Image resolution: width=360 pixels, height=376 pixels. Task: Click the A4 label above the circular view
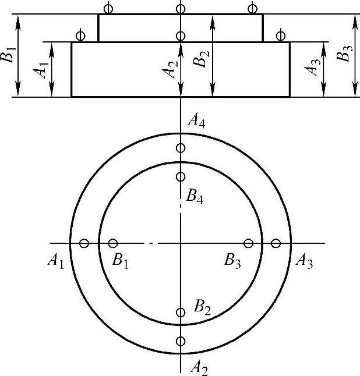(196, 122)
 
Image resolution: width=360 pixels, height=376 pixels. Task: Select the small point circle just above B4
(181, 176)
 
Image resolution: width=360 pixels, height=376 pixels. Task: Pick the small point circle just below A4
(181, 148)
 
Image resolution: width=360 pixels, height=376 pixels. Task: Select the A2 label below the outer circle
(199, 367)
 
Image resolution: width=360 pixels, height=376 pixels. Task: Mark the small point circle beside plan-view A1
(84, 243)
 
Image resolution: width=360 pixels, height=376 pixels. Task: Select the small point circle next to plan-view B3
(249, 243)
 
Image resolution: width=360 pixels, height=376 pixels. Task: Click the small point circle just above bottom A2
(181, 341)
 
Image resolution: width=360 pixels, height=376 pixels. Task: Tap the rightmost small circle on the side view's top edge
(252, 8)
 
